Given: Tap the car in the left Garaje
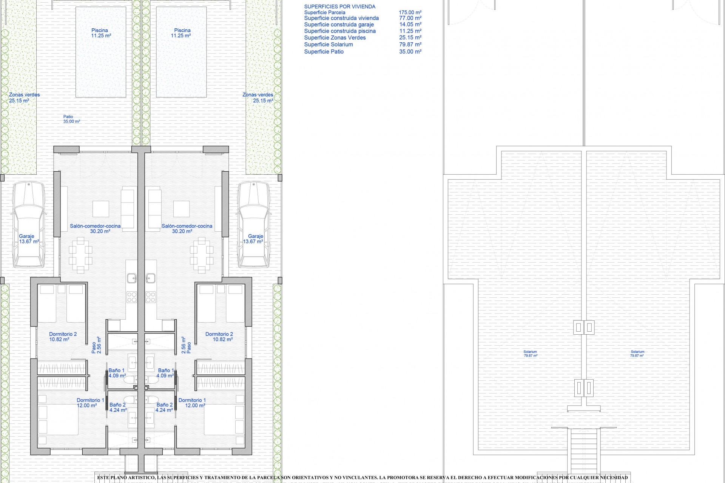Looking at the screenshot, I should click(x=29, y=224).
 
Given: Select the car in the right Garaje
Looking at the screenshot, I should click(x=253, y=224).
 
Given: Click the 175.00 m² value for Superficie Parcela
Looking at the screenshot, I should click(x=410, y=12).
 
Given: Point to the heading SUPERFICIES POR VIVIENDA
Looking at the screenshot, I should click(x=339, y=6).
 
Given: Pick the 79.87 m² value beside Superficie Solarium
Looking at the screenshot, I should click(x=410, y=45).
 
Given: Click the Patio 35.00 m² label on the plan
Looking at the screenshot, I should click(x=71, y=119).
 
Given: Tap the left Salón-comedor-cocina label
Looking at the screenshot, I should click(x=95, y=229).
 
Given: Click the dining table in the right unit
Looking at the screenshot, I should click(x=202, y=255).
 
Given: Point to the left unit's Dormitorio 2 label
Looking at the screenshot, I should click(x=63, y=337).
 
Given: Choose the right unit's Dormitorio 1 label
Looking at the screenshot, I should click(x=192, y=403).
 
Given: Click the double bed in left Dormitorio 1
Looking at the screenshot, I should click(x=58, y=420).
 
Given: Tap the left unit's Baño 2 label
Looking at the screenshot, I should click(x=118, y=408).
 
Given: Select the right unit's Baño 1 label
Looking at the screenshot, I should click(x=166, y=373).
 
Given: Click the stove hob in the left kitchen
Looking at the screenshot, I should click(x=131, y=297).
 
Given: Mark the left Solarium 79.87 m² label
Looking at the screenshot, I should click(x=530, y=354).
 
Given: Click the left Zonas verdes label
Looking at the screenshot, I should click(x=24, y=98).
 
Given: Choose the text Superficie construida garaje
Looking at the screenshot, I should click(x=339, y=25).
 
